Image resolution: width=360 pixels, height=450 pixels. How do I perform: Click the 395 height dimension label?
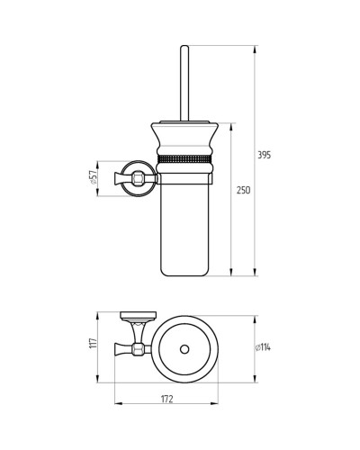tap(265, 155)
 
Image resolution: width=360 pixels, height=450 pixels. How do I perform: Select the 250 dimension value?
tap(243, 190)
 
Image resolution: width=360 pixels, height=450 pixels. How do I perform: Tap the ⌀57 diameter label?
tap(93, 177)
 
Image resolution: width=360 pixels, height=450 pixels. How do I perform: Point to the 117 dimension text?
tap(94, 343)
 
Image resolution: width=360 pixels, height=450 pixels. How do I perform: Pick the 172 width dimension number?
tap(167, 400)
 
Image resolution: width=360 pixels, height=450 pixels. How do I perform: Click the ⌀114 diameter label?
tap(263, 347)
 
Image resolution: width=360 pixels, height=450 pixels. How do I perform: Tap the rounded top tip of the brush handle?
tap(184, 47)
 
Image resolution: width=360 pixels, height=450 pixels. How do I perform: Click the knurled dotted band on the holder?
tap(184, 158)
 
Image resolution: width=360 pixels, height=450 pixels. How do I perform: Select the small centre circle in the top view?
tap(184, 349)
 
